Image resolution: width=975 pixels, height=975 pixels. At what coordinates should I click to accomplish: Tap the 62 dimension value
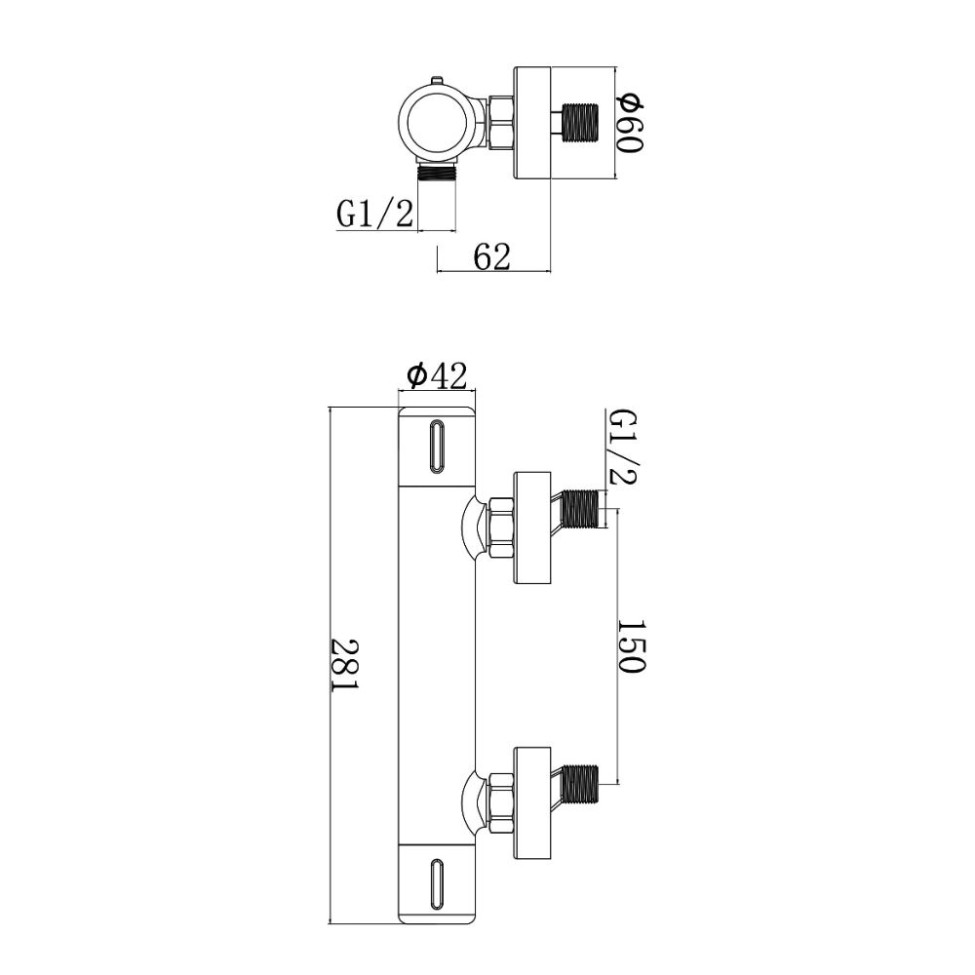[491, 256]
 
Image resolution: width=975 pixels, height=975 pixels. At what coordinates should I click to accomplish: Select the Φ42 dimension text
[436, 375]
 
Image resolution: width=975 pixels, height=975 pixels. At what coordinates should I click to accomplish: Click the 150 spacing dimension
[632, 645]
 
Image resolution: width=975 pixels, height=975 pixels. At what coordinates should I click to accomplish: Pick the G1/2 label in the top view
[375, 214]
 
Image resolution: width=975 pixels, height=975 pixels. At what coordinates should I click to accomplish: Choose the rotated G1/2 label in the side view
[621, 447]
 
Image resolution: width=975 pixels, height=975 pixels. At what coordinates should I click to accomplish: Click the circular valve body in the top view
[434, 122]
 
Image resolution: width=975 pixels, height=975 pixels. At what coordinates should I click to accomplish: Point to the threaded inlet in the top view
[579, 123]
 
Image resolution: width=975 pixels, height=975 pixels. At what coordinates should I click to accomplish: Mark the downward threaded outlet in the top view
[437, 175]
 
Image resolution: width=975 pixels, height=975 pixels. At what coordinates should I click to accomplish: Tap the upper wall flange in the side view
[532, 527]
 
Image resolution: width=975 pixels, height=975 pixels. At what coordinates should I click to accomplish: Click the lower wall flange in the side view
[532, 802]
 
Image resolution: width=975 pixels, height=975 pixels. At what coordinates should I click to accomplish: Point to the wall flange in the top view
[532, 123]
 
